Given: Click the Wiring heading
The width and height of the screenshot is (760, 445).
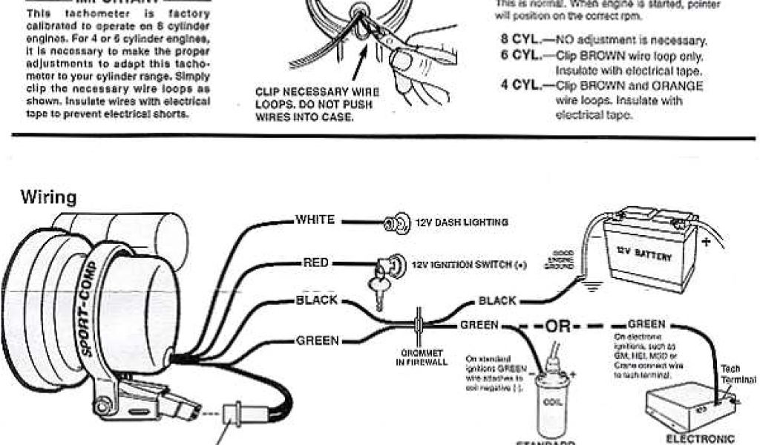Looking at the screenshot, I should coord(48,197).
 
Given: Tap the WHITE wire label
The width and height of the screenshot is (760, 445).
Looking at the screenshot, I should coord(315,220).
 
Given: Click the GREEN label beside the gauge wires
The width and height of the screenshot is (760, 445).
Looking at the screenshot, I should coord(318,341).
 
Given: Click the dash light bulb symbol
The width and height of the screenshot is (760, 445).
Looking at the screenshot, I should coord(393,222).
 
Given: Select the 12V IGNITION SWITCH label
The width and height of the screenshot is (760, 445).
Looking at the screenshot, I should coord(468,264).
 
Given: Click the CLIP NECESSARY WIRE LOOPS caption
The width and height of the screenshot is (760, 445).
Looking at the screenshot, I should coord(317,105).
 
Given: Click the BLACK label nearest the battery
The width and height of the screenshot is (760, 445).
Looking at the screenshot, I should coord(497,300).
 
